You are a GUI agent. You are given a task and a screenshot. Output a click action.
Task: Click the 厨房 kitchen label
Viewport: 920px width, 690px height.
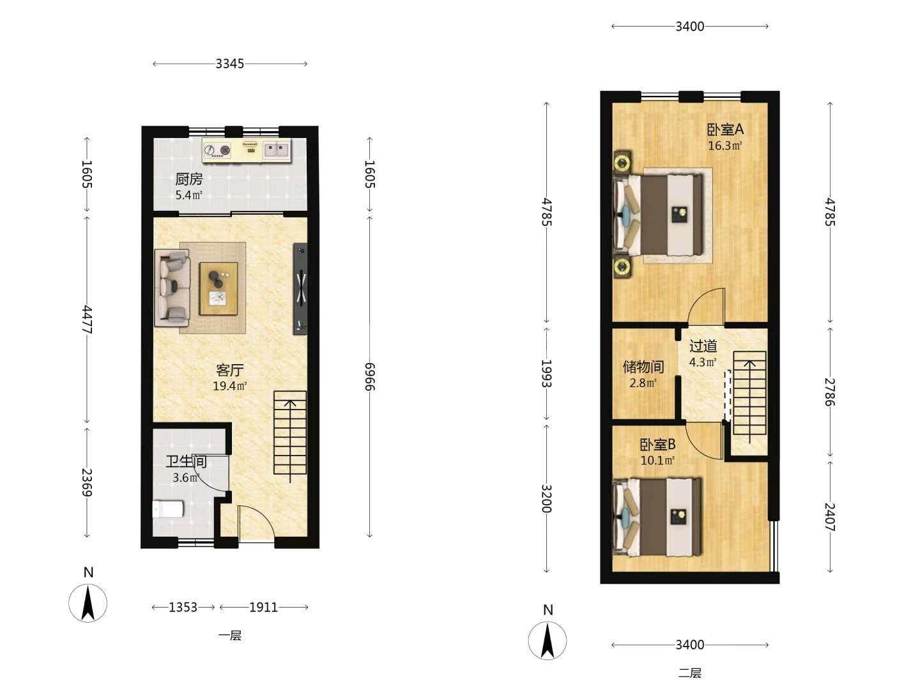coord(189,180)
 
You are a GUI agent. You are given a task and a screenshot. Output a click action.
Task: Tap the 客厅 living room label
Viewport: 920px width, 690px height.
coord(230,370)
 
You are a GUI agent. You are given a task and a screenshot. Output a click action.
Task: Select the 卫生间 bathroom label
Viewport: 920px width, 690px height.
coord(187,462)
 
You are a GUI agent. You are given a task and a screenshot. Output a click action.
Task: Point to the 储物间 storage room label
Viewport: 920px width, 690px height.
coord(643,367)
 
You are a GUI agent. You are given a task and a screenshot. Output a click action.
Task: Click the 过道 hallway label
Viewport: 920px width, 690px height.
coord(703,346)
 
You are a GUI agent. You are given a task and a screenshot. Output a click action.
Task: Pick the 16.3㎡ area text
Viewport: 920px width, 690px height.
coord(725,146)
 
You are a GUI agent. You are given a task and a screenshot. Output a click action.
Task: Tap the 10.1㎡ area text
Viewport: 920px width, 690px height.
coord(657,461)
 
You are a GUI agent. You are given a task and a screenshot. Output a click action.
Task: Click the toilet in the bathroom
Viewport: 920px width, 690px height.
coord(167,509)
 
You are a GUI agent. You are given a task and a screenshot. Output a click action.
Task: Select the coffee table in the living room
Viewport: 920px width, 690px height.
coord(218,289)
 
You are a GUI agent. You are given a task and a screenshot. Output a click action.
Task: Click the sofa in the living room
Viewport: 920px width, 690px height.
coord(172,287)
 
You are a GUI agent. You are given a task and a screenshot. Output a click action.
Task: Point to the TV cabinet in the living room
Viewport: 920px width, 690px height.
coord(300,289)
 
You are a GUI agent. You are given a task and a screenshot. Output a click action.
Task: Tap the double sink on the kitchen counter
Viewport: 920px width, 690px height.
coord(277,150)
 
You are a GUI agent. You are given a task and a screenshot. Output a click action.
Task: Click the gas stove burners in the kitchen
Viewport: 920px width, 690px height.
coord(217,149)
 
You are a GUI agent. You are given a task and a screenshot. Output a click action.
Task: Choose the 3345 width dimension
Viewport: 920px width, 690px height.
coord(230,64)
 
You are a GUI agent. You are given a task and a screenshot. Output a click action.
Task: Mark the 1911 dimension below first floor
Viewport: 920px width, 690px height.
coord(264,607)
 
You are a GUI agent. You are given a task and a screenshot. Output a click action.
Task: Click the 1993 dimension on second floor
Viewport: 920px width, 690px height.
coord(546,373)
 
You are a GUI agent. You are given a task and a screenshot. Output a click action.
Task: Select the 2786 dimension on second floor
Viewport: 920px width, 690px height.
coord(830,392)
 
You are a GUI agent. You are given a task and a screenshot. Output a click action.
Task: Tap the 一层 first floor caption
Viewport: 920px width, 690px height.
coord(230,636)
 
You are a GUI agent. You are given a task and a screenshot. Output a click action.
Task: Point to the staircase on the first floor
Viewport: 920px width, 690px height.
coord(290,436)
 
